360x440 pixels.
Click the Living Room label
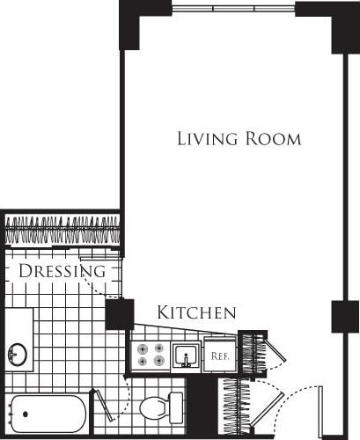click(239, 139)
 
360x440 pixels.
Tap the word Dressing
click(62, 271)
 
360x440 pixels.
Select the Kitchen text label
click(196, 312)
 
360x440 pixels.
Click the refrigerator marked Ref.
click(220, 356)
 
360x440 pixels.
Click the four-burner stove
click(150, 354)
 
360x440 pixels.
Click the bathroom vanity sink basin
click(18, 355)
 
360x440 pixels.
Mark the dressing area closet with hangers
click(62, 231)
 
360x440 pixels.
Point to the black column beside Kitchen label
click(119, 314)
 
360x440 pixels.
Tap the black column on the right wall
click(345, 316)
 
